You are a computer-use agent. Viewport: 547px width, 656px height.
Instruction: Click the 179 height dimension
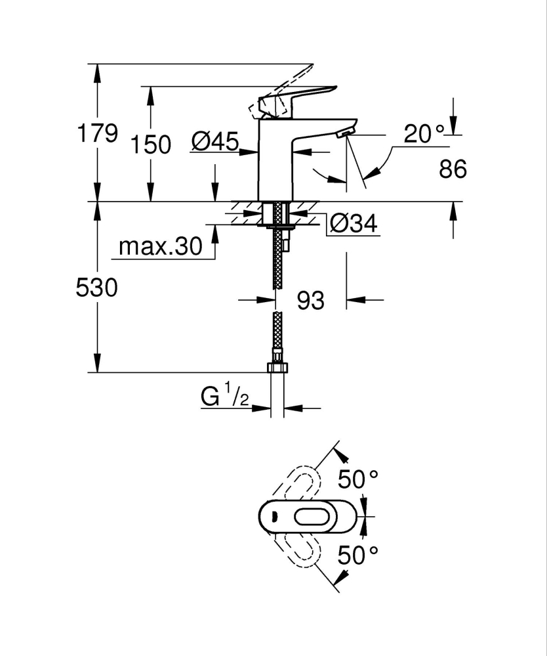tap(98, 133)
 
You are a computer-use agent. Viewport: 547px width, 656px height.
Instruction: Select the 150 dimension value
tap(151, 144)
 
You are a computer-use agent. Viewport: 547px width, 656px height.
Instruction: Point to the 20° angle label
tap(424, 135)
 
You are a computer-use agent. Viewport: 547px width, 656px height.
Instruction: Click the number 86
tap(452, 170)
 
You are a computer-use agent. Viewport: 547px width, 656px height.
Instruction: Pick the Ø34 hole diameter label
tap(354, 225)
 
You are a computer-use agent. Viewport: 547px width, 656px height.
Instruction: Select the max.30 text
tap(161, 248)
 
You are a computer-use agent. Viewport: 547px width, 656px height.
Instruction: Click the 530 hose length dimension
tap(98, 288)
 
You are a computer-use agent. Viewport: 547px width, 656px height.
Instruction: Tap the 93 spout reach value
tap(311, 301)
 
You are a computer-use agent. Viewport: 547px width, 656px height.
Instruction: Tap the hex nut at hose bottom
tap(277, 368)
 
